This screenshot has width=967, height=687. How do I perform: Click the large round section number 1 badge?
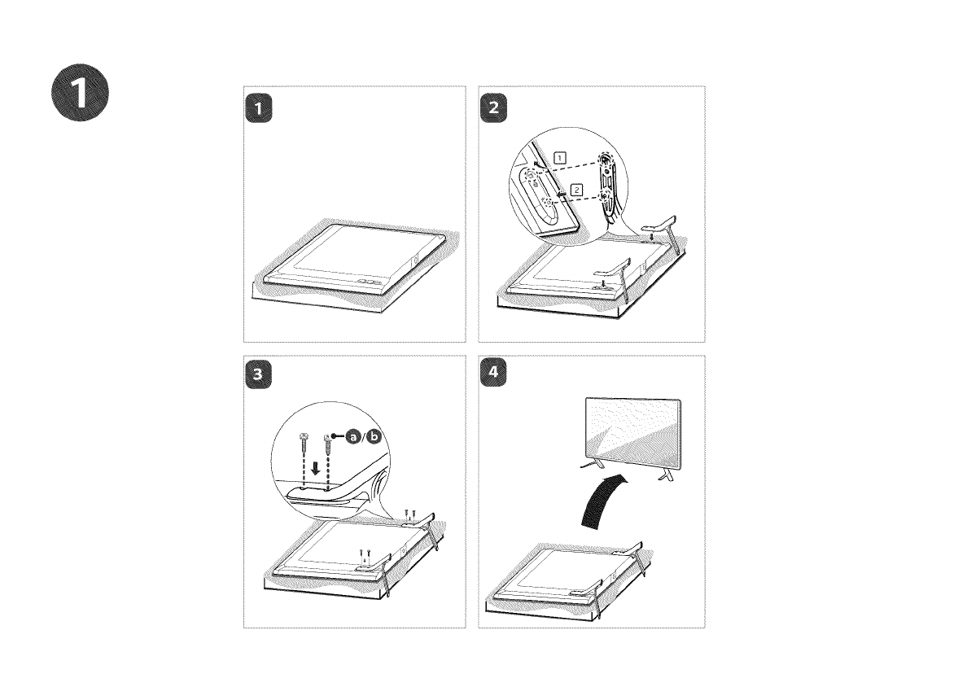click(x=80, y=93)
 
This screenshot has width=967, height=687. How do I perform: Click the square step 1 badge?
click(x=258, y=108)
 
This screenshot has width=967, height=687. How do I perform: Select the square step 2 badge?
click(x=493, y=108)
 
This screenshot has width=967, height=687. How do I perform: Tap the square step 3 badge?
click(x=258, y=374)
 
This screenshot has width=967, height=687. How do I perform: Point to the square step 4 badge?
click(x=493, y=373)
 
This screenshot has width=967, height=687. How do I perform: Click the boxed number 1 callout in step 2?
click(x=559, y=157)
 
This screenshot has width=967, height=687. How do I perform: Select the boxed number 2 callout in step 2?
click(x=576, y=190)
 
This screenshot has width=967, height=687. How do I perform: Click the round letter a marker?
click(x=353, y=436)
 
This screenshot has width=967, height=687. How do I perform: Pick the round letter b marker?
click(x=374, y=436)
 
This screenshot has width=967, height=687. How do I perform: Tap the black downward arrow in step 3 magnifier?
click(x=316, y=468)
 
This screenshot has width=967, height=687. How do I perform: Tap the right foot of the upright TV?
click(x=667, y=472)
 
